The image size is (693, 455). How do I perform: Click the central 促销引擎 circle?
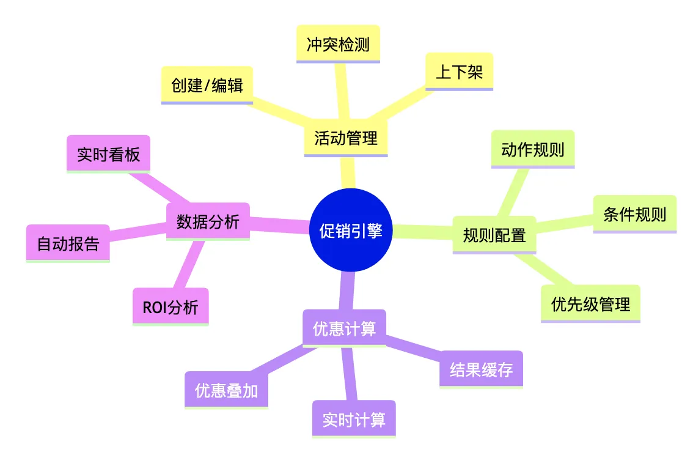coord(351,231)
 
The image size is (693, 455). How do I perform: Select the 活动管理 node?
coord(346,138)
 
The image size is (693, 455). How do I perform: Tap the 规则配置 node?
coord(494,235)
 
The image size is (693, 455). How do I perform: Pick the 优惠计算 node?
coord(344,328)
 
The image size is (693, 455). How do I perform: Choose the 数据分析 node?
coord(208,221)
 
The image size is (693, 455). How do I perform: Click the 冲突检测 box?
coord(338,44)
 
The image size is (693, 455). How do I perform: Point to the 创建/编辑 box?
coord(207,85)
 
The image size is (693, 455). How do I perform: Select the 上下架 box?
coord(459,72)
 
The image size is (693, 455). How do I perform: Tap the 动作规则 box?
coord(533,149)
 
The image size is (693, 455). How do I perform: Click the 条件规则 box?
coord(634,214)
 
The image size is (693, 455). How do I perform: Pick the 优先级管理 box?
coord(590,304)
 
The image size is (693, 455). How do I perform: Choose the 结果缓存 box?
coord(481,369)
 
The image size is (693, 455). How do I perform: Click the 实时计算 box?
coord(354,420)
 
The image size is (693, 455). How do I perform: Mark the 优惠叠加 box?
coord(226,391)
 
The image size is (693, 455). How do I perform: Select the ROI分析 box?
coord(170,307)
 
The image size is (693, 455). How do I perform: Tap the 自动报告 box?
coord(68,244)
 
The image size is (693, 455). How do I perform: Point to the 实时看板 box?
coord(108,154)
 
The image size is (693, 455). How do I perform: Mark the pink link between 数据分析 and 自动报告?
coord(138,231)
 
